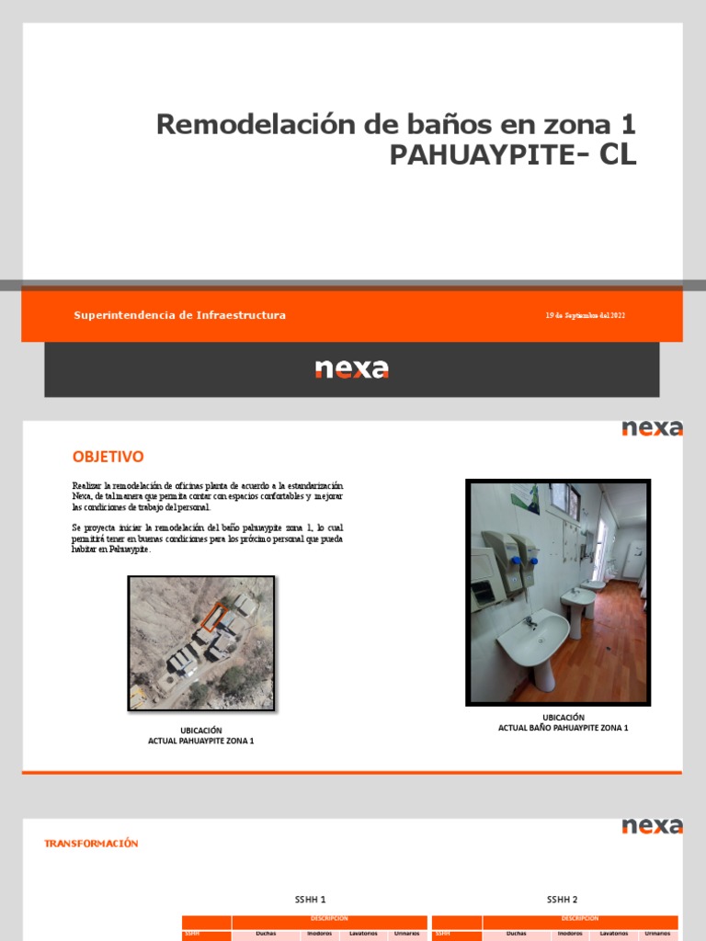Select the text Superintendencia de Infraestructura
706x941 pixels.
[179, 315]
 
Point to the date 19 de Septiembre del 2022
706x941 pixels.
[585, 316]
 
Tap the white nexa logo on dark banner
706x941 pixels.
[352, 368]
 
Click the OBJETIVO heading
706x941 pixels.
[108, 457]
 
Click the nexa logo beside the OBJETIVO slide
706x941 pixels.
[652, 428]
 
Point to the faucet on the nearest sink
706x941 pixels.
[530, 621]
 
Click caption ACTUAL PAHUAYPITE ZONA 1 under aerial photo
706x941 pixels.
[200, 741]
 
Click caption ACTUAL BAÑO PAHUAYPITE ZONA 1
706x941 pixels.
[563, 728]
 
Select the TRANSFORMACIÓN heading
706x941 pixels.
[91, 843]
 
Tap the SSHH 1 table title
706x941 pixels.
[310, 900]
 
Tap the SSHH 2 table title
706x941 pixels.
[562, 900]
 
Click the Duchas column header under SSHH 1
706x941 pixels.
[266, 934]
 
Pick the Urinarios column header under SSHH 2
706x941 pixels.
[657, 934]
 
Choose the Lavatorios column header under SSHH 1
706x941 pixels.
[363, 934]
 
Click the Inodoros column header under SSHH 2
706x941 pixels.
[570, 934]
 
